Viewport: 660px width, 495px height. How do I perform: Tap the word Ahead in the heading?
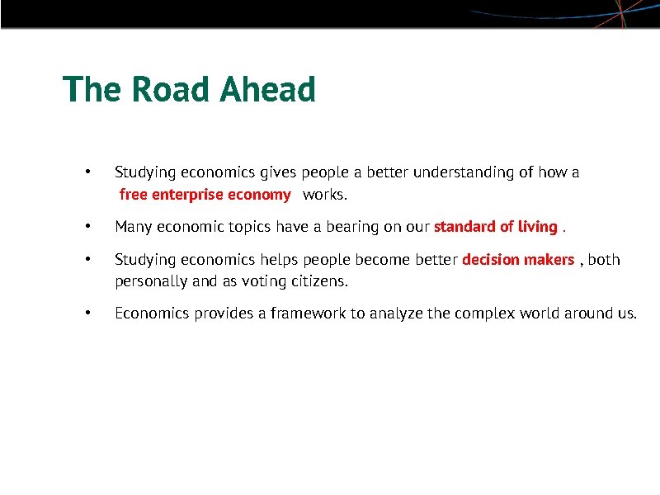coord(267,89)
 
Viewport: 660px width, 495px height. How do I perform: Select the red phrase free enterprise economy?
coord(205,196)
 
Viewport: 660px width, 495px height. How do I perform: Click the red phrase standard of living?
coord(495,227)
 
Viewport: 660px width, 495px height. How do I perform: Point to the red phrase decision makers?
coord(518,260)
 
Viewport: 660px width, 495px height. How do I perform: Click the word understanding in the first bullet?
coord(463,172)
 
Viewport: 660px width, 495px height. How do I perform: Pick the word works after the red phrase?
coord(326,196)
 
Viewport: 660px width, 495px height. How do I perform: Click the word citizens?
coord(318,281)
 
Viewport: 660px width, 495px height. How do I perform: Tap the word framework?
coord(305,313)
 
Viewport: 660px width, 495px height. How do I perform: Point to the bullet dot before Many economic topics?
coord(87,226)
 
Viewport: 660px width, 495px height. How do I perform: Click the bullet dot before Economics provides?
coord(87,313)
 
